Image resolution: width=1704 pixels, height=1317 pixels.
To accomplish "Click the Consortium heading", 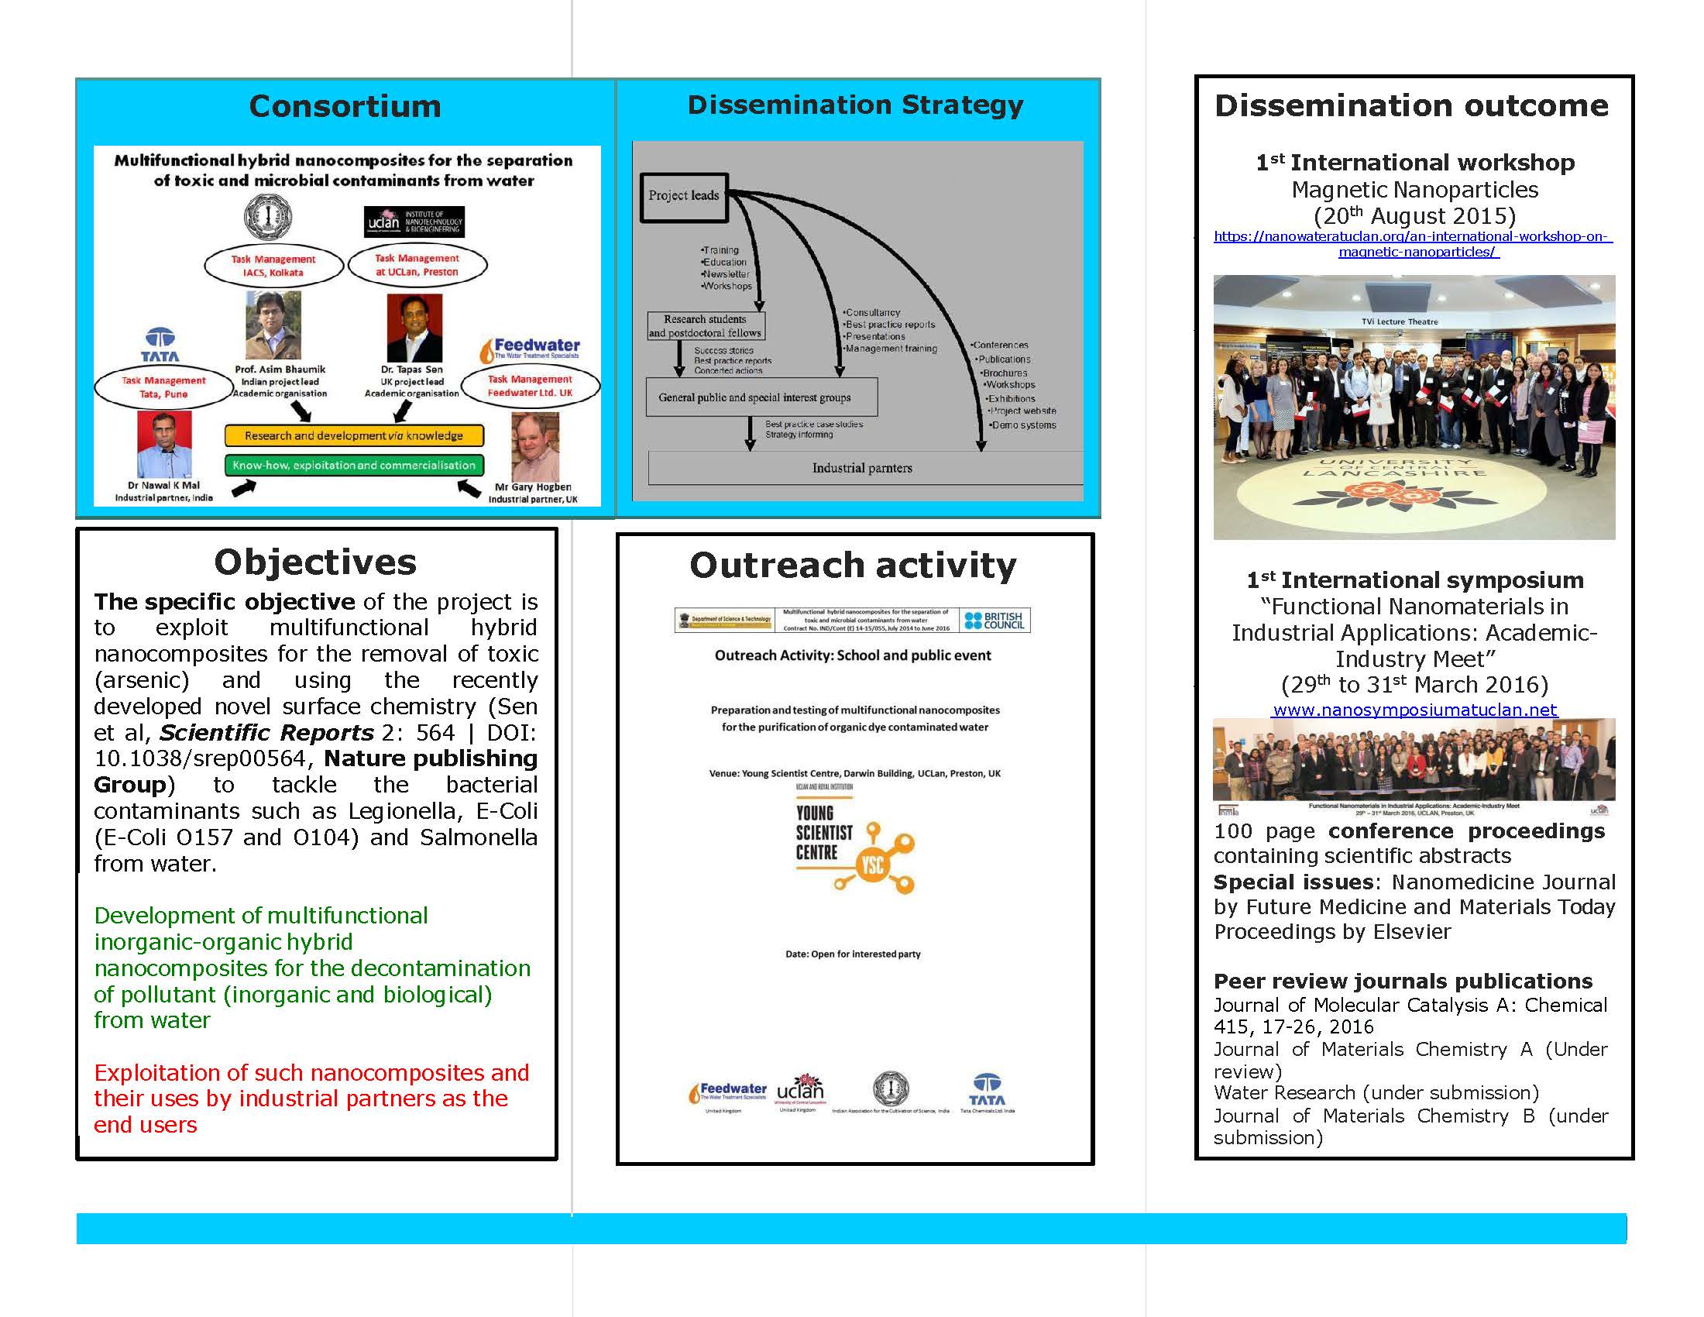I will [345, 106].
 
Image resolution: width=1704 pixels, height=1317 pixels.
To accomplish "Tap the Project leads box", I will [683, 196].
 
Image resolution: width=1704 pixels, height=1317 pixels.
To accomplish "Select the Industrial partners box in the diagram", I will [861, 468].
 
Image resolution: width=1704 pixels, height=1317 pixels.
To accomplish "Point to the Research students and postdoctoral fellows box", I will [706, 326].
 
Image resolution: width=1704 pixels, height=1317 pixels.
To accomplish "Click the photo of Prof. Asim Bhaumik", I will [273, 325].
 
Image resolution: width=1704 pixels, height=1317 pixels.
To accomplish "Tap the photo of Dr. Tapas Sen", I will [414, 328].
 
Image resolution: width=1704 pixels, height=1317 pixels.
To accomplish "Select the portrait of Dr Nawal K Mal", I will [165, 444].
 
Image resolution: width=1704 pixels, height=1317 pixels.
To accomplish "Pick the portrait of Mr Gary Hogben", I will [534, 447].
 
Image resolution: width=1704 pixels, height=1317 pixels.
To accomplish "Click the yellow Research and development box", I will [353, 435].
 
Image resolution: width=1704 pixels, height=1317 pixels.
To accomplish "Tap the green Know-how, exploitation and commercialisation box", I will [353, 465].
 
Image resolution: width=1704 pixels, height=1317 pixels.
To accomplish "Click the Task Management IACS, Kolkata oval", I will [273, 266].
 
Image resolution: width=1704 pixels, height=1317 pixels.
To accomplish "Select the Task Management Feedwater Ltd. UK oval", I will [531, 386].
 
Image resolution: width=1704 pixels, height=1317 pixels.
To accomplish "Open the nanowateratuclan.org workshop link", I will [1413, 244].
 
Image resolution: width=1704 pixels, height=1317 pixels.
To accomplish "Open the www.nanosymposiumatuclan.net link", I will [1414, 710].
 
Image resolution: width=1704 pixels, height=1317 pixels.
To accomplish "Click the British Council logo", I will [995, 621].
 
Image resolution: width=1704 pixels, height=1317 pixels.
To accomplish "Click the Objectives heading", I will [315, 562].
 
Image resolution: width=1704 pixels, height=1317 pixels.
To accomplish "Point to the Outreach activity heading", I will [853, 566].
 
